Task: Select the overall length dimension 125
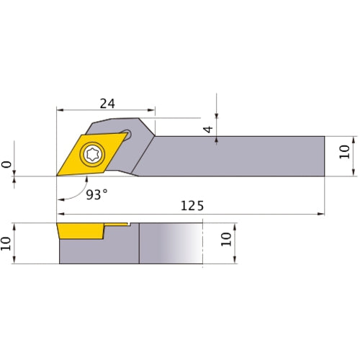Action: pos(192,205)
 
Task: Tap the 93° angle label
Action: pos(96,195)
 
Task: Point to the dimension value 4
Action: pos(207,130)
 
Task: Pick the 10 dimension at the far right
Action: pos(344,152)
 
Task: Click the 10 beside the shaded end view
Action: pos(228,239)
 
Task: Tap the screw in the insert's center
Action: pos(92,153)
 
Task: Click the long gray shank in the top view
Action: pos(238,156)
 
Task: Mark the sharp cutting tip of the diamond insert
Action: pos(58,175)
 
